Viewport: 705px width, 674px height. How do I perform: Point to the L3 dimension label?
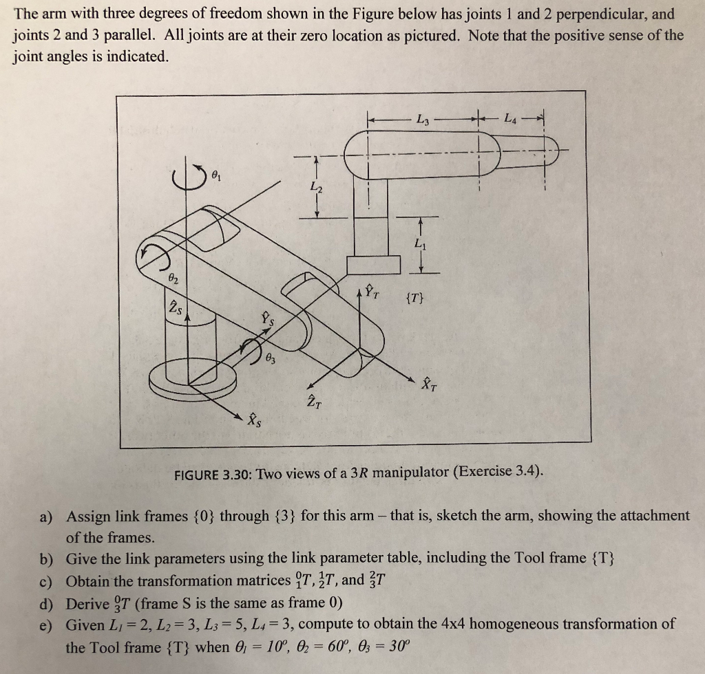[423, 121]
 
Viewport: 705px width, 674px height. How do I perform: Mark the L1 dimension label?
[420, 244]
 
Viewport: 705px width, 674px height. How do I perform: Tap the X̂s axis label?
[254, 417]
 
